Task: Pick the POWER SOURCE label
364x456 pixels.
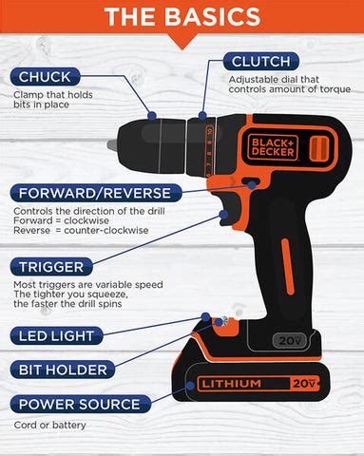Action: coord(78,404)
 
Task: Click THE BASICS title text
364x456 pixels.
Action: coord(182,16)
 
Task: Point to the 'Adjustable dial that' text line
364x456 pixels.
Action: coord(274,79)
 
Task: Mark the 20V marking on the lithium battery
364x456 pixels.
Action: coord(301,383)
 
